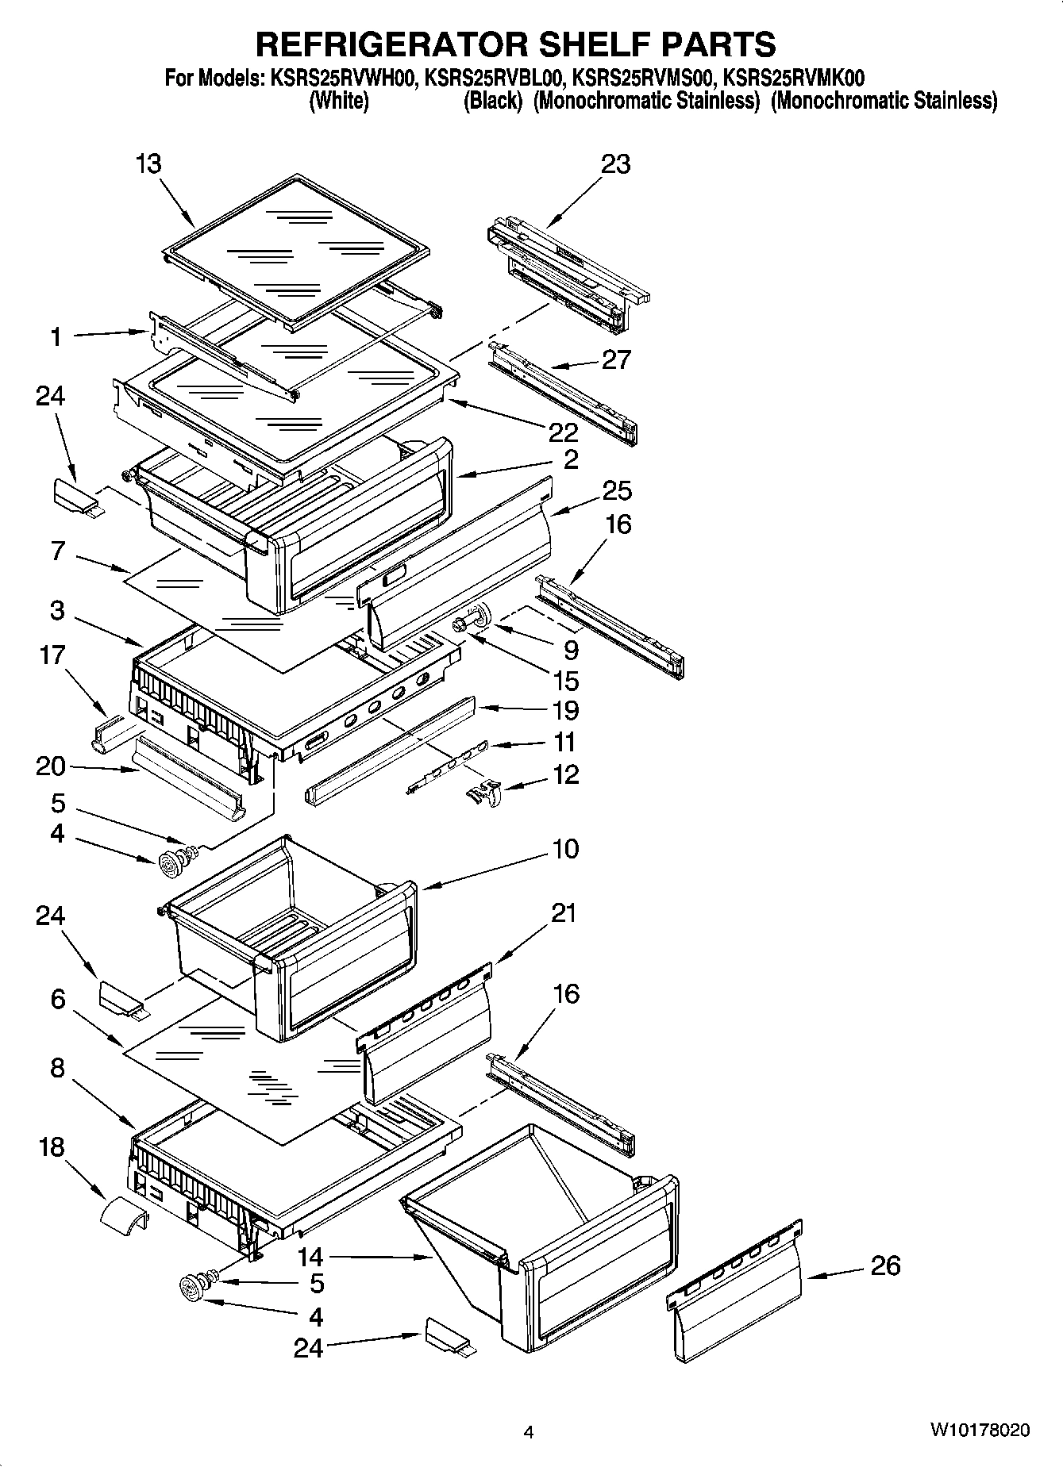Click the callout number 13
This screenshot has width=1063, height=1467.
click(148, 163)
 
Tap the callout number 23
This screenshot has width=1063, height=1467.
click(615, 163)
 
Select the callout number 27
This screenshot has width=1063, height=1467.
click(615, 359)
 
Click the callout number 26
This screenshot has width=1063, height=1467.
click(885, 1265)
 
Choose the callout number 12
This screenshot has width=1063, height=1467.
click(565, 774)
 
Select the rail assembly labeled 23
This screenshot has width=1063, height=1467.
click(568, 274)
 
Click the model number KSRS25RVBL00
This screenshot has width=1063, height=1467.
click(495, 78)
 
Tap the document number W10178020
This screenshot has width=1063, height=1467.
click(980, 1431)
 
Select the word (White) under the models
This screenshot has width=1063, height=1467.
click(338, 101)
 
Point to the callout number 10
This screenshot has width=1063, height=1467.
click(565, 848)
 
